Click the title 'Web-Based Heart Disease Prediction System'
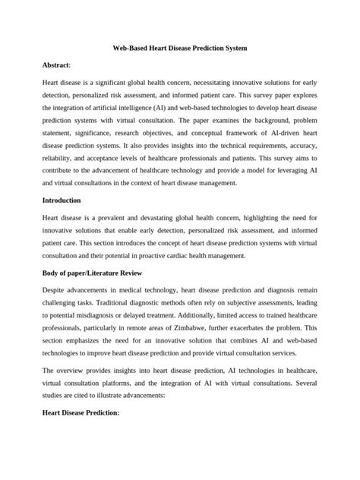[x=179, y=48]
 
